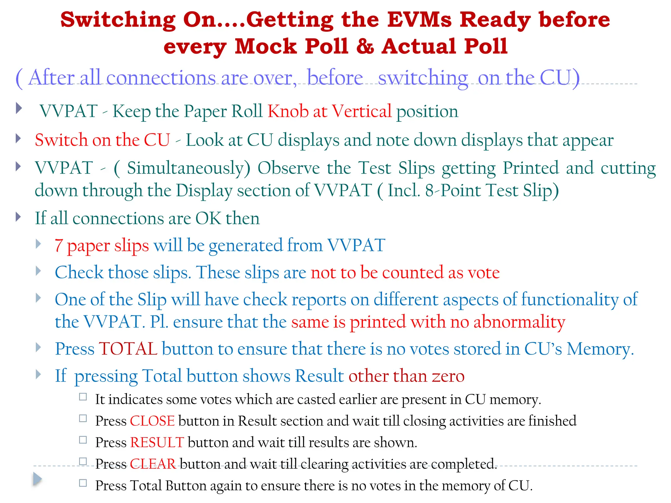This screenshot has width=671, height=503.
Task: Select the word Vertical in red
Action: (362, 111)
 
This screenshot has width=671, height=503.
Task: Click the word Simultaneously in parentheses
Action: (189, 168)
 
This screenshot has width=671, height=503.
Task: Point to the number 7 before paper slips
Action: (59, 246)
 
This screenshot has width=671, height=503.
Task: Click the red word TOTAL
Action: (128, 348)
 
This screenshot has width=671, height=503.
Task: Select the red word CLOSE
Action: (152, 421)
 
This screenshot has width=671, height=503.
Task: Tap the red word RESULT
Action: (157, 442)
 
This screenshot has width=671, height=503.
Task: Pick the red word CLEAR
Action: (153, 464)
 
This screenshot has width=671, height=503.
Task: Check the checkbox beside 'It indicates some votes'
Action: (83, 397)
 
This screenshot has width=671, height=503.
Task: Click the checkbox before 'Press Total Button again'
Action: (83, 483)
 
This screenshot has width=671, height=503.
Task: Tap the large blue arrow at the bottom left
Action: (37, 479)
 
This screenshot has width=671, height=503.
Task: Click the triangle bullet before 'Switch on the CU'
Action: (18, 139)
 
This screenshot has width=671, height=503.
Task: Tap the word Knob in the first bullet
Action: (288, 111)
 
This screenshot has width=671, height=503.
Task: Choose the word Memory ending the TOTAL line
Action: (600, 349)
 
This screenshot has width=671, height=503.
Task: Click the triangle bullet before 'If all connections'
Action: (18, 217)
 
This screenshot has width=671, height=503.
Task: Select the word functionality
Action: (570, 299)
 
